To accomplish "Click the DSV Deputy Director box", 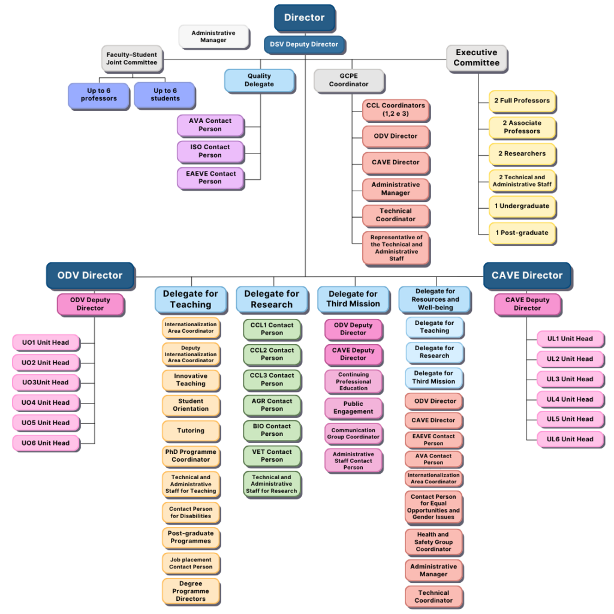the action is coord(304,44).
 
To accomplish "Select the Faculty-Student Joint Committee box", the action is coord(132,59).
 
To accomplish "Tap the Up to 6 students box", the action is coord(165,95).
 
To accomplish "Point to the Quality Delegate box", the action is coord(260,81).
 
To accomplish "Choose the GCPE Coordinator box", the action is coord(350,81).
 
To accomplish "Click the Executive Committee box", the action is coord(477,58).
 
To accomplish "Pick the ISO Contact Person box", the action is coord(210,152).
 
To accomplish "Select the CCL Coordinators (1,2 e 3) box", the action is coord(396,110).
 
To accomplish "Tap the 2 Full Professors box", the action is coord(522,101).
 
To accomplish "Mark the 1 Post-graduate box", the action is coord(522,233).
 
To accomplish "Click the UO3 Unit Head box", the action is coord(46,383).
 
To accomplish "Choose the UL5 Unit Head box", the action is coord(570,419).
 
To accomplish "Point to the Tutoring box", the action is coord(191,431).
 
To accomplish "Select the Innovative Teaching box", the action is coord(191,380).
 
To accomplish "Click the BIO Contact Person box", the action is coord(272,431).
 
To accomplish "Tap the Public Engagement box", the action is coord(354,408).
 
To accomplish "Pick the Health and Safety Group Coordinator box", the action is coord(434,542).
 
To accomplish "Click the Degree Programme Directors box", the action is coord(191,591).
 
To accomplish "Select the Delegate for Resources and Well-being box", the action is coord(435,300).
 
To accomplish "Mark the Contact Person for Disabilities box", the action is coord(191,513).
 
